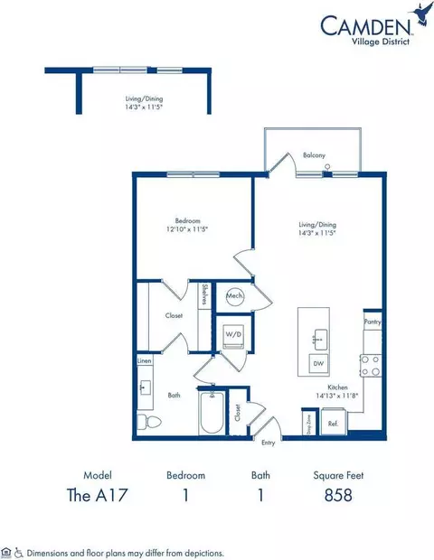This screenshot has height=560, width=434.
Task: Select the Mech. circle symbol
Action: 235,295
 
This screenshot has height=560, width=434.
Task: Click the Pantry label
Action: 373,321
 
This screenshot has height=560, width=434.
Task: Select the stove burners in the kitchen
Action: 371,365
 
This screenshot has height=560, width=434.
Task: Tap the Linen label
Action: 145,361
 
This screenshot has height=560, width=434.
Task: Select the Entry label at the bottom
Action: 268,443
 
